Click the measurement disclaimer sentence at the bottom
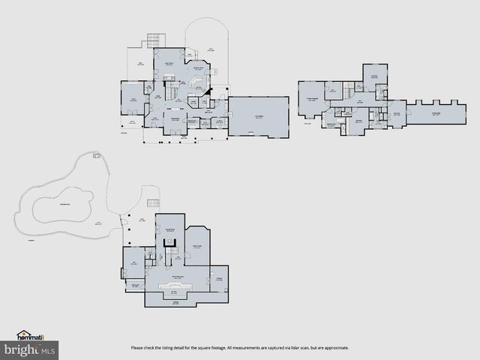[x=239, y=348]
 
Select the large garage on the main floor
[x=259, y=116]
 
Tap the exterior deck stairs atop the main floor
[x=155, y=40]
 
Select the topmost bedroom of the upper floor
[x=375, y=74]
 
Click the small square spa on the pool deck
[x=96, y=155]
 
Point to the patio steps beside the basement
[x=154, y=203]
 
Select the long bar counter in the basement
[x=175, y=287]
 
